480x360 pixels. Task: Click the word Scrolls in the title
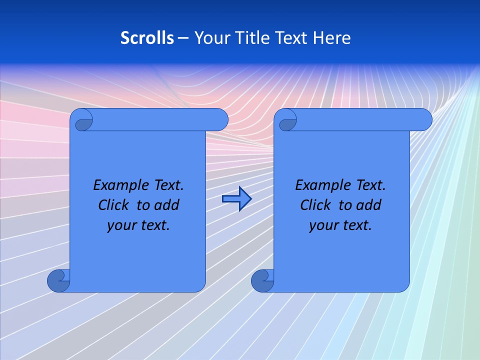click(147, 38)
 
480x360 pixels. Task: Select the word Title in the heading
click(254, 38)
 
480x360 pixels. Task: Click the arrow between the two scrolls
click(236, 199)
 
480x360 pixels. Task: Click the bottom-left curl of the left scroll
click(58, 280)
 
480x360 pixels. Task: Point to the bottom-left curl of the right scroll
click(262, 280)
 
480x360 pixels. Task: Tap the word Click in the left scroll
click(113, 205)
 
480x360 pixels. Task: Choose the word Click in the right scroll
click(315, 205)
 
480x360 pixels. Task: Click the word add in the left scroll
click(167, 205)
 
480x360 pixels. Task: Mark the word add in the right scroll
click(369, 205)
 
